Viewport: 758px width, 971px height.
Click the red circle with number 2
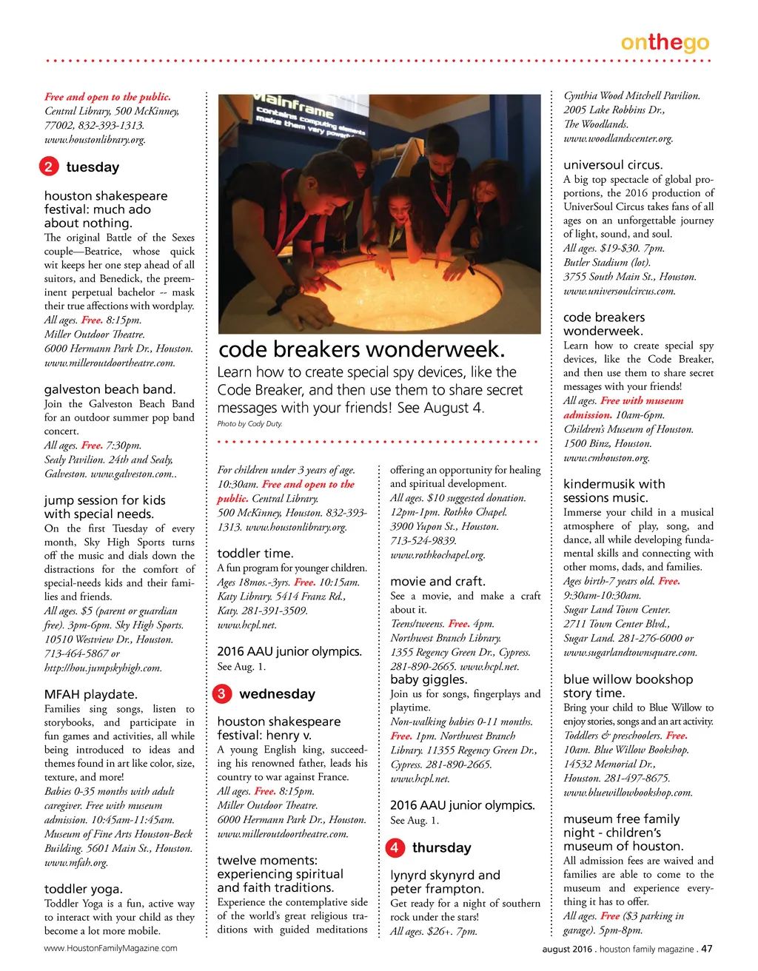[48, 167]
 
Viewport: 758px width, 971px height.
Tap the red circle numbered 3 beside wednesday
[221, 693]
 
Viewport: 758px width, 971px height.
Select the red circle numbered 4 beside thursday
[395, 847]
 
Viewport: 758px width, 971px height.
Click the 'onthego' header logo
[665, 43]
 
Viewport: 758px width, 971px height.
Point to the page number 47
[706, 948]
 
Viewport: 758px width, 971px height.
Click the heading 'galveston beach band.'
[110, 389]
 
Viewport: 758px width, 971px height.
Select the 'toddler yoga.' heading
[84, 889]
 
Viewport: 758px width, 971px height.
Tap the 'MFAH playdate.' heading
[91, 694]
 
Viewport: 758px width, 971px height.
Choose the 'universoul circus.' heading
[613, 165]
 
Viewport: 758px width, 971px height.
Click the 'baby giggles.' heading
[429, 679]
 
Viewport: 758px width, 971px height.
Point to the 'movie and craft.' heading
[437, 582]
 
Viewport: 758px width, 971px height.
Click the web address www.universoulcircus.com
[620, 291]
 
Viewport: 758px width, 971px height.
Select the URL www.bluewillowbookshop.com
[628, 792]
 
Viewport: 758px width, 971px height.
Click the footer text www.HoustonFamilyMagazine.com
[111, 948]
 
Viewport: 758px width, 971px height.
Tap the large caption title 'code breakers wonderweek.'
[362, 349]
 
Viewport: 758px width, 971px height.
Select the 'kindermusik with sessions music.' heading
[614, 491]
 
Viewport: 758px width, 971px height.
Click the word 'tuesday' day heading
[93, 167]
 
